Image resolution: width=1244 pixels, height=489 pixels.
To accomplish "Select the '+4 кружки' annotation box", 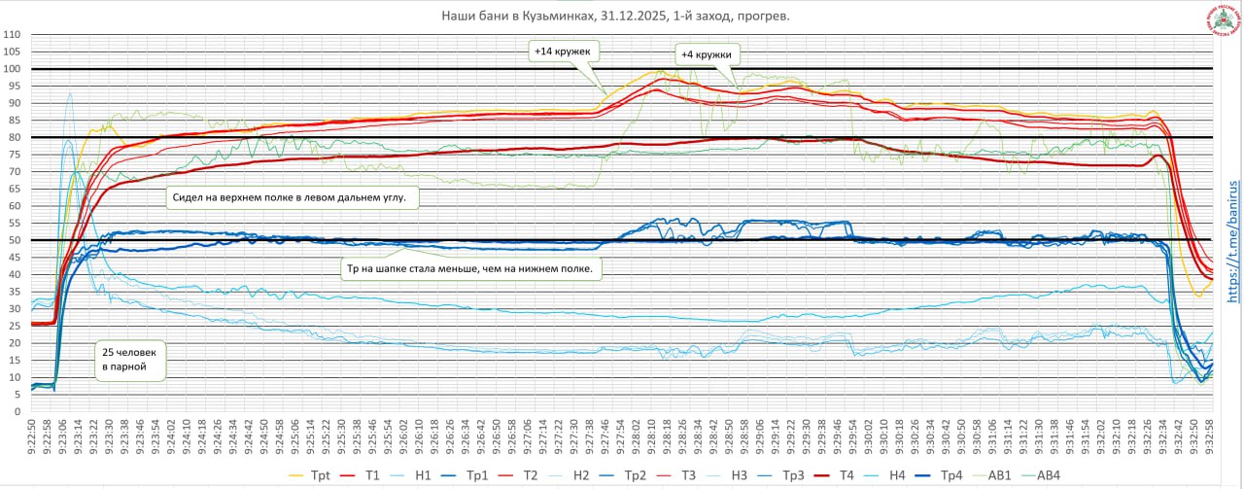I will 706,54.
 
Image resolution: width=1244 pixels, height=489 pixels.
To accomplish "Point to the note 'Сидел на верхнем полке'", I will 294,197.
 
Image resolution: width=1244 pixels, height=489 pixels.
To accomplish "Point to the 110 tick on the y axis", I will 13,35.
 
